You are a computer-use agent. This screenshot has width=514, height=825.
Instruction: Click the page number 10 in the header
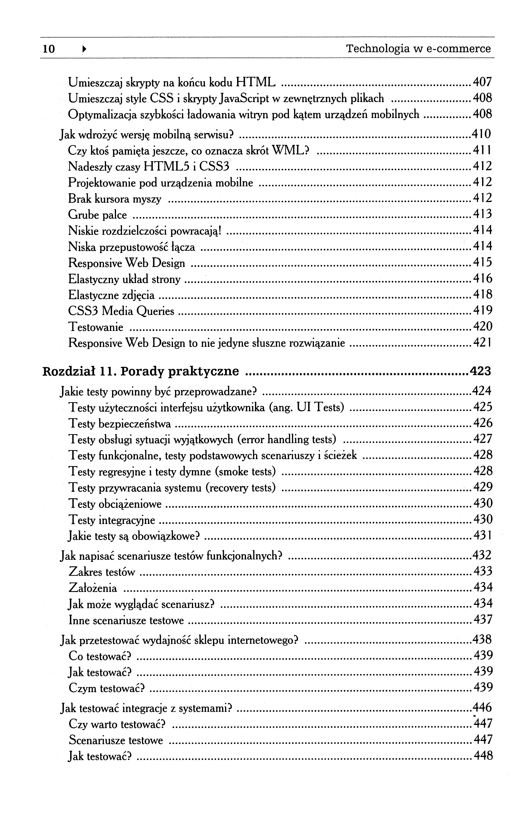[x=49, y=49]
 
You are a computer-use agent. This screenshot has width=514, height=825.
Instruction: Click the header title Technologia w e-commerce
[x=418, y=49]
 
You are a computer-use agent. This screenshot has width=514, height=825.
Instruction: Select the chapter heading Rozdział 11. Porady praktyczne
[x=141, y=371]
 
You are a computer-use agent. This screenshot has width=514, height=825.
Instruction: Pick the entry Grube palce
[x=97, y=215]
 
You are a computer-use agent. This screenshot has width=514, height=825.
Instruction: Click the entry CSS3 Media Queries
[x=121, y=311]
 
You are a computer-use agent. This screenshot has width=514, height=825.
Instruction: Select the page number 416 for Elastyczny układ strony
[x=482, y=279]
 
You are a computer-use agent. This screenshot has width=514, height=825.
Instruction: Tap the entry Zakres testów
[x=102, y=572]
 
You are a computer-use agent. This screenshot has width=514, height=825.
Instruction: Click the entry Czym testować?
[x=107, y=688]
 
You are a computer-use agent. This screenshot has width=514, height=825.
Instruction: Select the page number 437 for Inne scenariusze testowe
[x=482, y=620]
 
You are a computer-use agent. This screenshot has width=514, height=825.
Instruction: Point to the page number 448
[x=482, y=756]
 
